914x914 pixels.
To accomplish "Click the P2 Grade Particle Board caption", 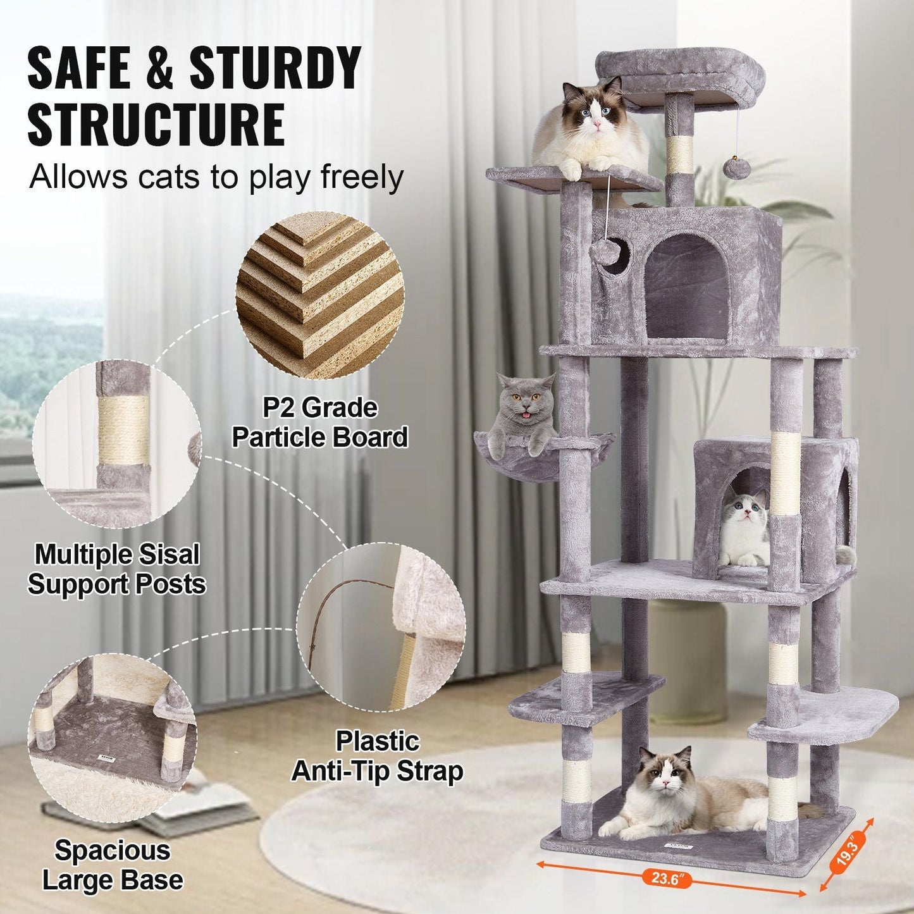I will coord(319,423).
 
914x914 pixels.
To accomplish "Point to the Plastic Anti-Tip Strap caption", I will coord(377,756).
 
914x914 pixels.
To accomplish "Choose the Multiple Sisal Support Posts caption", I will coord(116,569).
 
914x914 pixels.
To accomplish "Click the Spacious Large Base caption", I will coord(112,865).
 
